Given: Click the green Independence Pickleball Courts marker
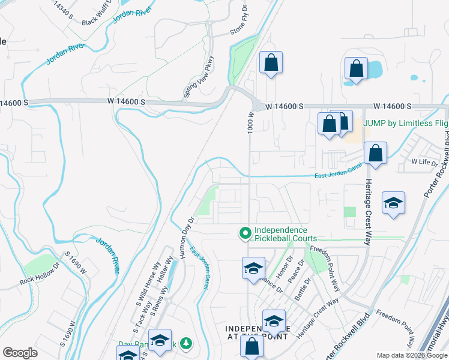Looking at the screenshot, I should (x=245, y=233).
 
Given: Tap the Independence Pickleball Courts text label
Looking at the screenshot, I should (x=281, y=234).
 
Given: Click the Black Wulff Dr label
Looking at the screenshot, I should (x=98, y=13).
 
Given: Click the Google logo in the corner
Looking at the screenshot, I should (x=20, y=352).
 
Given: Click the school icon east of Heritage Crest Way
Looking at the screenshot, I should (x=393, y=204).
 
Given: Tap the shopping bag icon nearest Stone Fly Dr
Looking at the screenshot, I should (x=271, y=62).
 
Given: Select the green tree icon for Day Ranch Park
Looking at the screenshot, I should (x=187, y=343).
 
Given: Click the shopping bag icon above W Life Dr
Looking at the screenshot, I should (x=375, y=154).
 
